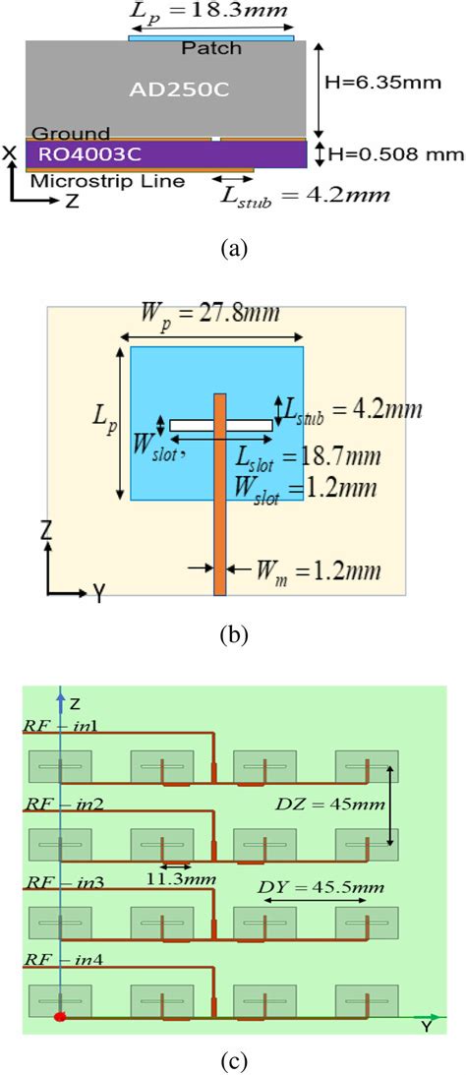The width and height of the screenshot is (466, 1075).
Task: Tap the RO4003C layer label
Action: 84,155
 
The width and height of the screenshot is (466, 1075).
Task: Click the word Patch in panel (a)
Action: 211,48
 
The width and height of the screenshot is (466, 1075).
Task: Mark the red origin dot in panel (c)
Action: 61,1016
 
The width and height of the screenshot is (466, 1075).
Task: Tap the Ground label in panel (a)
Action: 71,133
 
